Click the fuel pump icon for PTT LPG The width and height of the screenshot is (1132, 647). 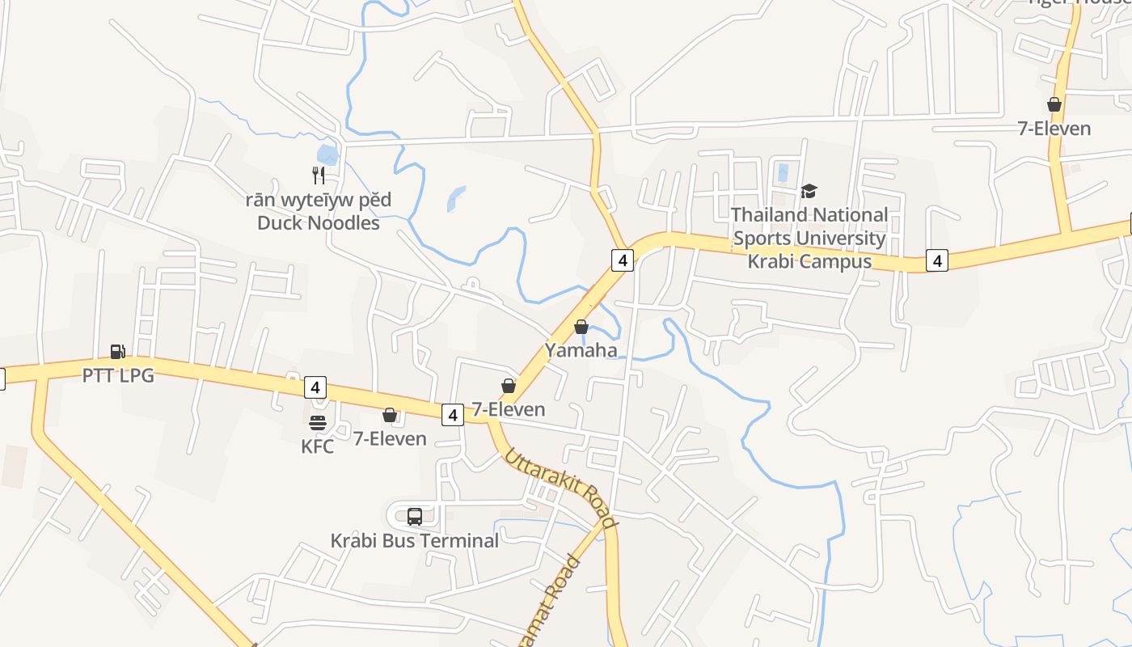118,352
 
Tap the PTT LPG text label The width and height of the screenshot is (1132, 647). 118,375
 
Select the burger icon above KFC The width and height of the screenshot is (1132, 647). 317,422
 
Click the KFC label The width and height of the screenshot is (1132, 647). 317,446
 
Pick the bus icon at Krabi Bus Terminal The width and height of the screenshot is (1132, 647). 415,516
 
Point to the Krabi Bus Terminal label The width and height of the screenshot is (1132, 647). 414,540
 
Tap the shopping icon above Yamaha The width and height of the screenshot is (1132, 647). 581,327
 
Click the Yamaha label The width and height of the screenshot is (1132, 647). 581,350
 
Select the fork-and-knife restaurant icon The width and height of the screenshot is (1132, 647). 319,175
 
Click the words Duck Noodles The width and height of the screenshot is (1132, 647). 319,223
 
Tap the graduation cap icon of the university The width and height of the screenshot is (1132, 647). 809,191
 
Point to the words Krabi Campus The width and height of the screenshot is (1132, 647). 809,261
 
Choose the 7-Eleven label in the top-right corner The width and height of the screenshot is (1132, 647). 1054,129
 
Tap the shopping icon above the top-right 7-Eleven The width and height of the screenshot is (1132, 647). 1054,104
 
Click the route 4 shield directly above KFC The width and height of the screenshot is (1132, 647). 315,387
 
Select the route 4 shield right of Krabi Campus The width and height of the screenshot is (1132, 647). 936,260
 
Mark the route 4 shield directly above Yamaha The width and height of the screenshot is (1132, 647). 621,260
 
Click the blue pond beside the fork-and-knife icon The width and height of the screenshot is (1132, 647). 327,154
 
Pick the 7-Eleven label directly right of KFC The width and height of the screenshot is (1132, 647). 390,438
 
